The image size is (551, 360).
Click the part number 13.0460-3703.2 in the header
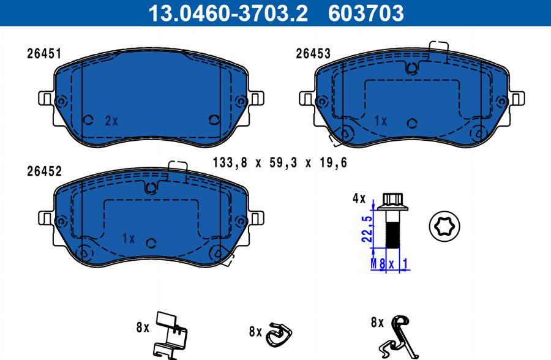coord(228,13)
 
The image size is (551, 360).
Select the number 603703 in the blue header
coord(366,13)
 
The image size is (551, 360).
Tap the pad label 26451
coord(44,54)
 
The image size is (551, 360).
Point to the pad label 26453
coord(313,54)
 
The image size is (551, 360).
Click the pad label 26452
coord(44,171)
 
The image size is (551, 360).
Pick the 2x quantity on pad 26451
coord(111,121)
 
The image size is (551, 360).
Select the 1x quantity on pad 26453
coord(381,121)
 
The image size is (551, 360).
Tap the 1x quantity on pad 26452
coord(129,239)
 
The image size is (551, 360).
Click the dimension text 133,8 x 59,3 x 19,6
coord(280,162)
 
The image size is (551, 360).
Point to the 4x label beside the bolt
coord(359,198)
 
